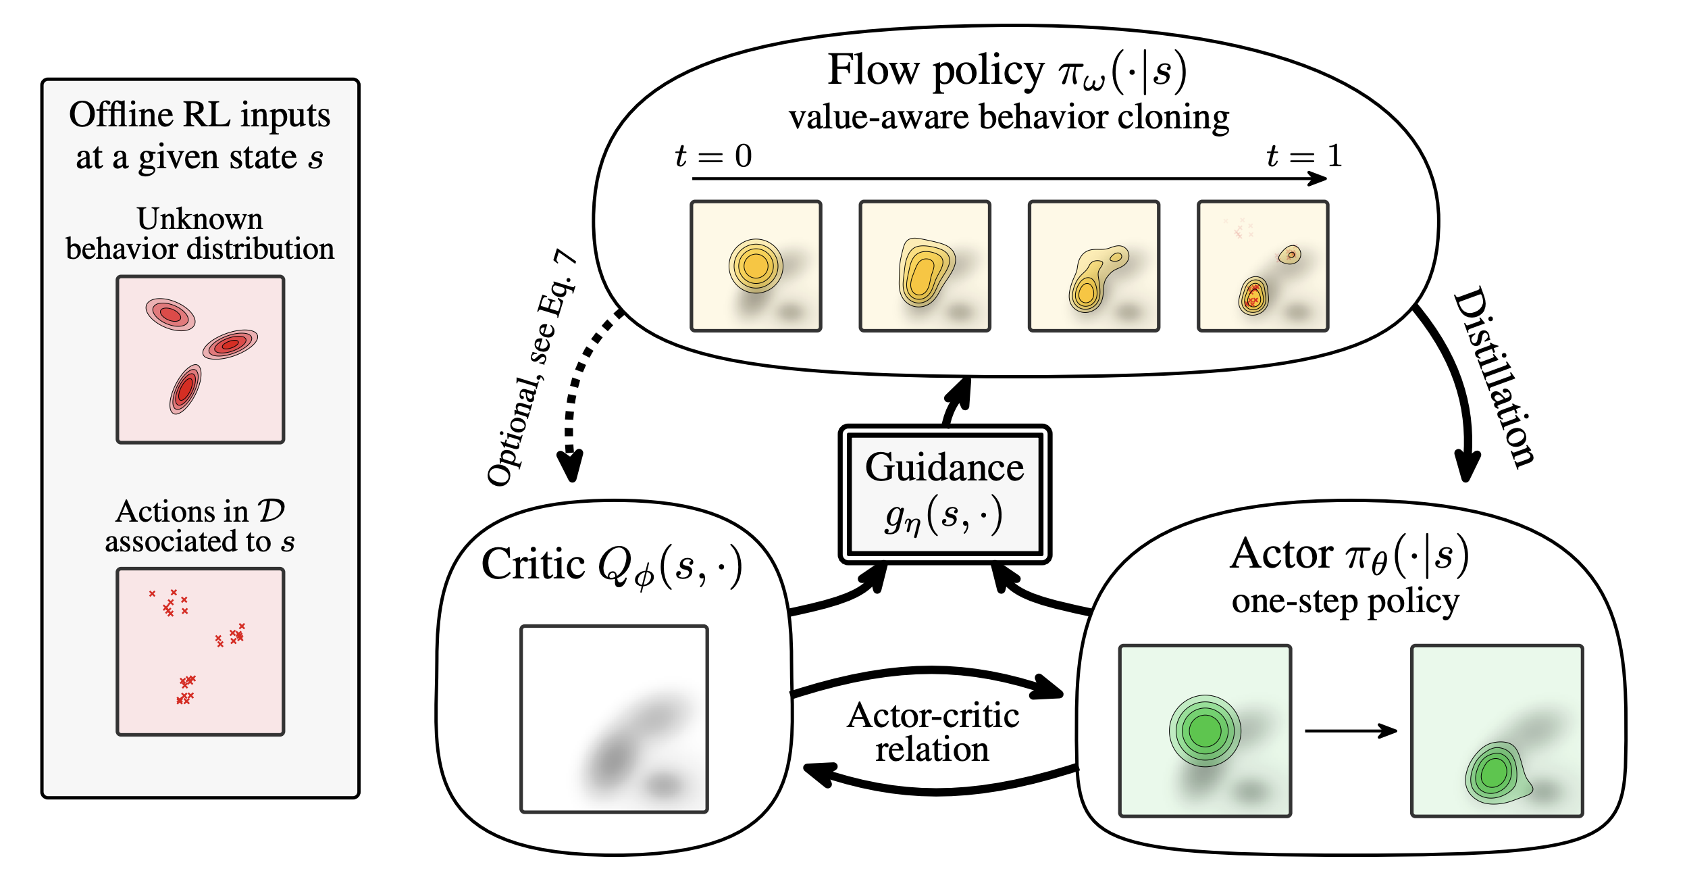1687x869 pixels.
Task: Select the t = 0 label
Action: (713, 157)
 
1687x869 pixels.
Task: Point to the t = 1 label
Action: (1303, 157)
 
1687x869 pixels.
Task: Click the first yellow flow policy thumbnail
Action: (756, 266)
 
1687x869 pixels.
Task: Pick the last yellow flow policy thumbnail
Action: (1262, 266)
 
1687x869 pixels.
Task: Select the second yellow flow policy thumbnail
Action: (925, 266)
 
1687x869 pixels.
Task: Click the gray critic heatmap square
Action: (614, 719)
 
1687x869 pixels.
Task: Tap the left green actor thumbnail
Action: (1205, 731)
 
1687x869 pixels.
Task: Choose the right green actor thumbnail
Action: (1497, 731)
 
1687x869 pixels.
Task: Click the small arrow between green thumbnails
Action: (1351, 730)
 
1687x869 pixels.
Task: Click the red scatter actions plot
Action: (200, 651)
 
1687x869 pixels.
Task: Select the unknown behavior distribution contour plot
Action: (200, 359)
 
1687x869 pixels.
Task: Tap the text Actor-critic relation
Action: (933, 733)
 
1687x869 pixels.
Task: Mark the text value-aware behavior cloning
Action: (1009, 118)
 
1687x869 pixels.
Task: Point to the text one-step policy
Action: (1345, 601)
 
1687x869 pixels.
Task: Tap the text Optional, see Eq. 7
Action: (531, 368)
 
